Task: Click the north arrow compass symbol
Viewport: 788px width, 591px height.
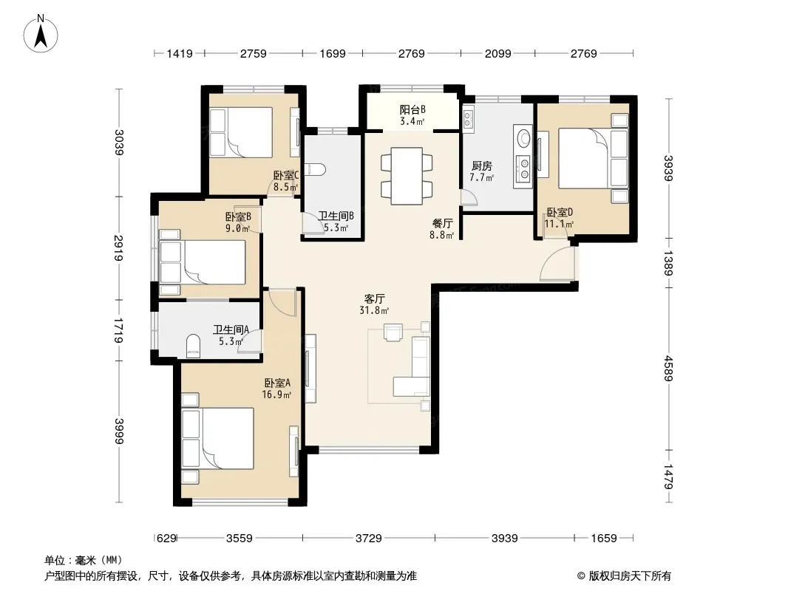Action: point(41,34)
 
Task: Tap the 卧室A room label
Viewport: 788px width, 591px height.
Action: point(277,383)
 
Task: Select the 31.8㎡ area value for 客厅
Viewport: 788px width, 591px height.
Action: point(374,310)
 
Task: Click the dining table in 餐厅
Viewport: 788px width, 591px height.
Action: point(407,177)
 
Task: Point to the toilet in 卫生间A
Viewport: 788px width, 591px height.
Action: point(193,346)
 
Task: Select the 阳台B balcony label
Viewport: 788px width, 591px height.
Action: point(412,109)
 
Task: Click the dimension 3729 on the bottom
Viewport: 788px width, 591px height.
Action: point(368,539)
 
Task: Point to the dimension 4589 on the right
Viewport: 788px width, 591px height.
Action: point(668,369)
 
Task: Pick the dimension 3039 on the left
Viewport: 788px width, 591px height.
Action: point(118,142)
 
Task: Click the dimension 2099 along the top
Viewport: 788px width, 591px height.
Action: point(497,54)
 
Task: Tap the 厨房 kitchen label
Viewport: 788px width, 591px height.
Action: point(481,165)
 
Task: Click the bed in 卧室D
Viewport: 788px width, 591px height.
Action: point(593,159)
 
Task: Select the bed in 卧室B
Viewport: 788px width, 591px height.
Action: point(203,262)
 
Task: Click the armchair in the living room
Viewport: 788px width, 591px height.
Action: point(393,332)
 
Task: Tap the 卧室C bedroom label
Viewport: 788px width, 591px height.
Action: point(286,175)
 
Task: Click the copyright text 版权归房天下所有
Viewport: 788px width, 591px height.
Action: point(630,576)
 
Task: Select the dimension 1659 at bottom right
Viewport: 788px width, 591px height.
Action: point(603,539)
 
